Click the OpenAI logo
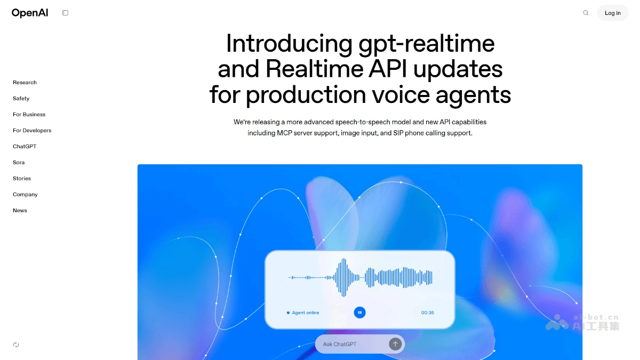pos(30,13)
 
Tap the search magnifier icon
pos(586,13)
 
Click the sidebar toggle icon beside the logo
pos(65,13)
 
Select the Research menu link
pos(25,83)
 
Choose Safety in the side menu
pos(21,99)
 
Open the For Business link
pos(29,115)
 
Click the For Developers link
pos(32,131)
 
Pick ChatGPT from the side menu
pos(25,147)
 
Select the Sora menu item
pos(19,163)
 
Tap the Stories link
pos(22,179)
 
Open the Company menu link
pos(25,195)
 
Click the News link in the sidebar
pos(20,211)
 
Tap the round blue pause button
pos(360,313)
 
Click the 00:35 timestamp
pos(427,313)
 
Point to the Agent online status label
pos(305,313)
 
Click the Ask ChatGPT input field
pos(352,344)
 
